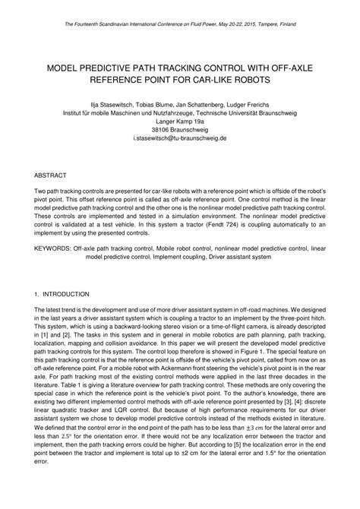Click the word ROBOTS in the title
coord(251,78)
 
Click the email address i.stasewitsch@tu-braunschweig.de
coord(179,139)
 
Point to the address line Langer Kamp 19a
coord(180,120)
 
